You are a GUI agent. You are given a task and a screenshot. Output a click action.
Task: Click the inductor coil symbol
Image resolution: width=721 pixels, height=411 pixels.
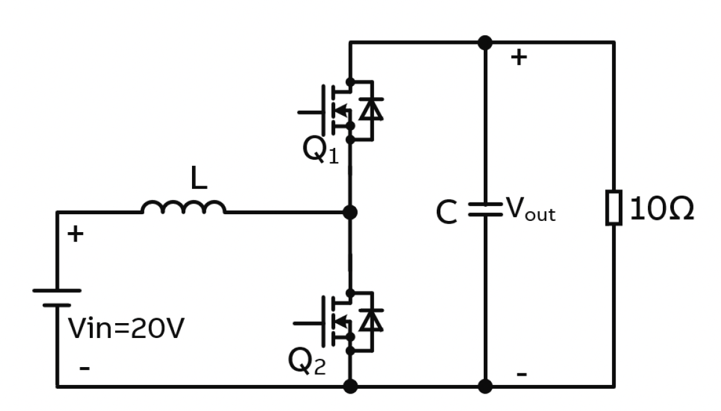(183, 207)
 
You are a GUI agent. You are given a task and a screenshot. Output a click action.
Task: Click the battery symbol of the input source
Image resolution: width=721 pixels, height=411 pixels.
(57, 298)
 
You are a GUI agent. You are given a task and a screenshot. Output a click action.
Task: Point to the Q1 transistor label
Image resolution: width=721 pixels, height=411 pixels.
(320, 150)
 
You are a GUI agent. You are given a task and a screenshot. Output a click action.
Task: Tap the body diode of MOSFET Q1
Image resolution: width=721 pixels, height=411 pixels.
(371, 110)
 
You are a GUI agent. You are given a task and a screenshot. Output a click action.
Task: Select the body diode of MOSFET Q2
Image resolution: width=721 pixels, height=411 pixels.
(371, 321)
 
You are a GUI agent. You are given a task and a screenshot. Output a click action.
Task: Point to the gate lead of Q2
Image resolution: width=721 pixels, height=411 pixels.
(307, 323)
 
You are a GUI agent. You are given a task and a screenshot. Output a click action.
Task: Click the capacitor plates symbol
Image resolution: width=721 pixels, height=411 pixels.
(485, 209)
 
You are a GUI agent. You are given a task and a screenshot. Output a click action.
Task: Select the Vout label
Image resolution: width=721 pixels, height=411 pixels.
(531, 210)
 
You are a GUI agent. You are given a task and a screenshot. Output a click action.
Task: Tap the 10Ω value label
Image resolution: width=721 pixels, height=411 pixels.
(662, 210)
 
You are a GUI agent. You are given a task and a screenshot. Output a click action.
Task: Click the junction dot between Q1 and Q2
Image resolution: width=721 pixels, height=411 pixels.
(350, 212)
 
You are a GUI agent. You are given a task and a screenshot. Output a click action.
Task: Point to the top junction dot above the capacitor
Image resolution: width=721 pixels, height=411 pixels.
(485, 43)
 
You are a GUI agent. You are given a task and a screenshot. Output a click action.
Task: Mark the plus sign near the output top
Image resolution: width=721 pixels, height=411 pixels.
(518, 58)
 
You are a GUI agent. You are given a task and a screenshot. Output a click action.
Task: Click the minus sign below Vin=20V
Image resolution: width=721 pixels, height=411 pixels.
(85, 369)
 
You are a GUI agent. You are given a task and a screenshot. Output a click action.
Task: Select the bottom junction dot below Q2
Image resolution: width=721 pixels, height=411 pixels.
(350, 387)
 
